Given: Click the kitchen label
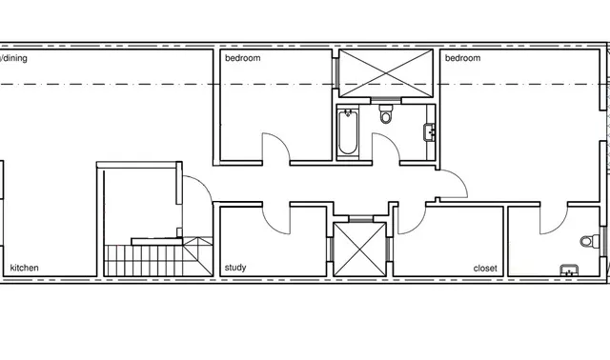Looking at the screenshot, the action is point(24,268).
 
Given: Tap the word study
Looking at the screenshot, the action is point(235,268).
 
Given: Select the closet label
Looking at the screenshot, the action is point(485,269).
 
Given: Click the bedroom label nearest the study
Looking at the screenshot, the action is point(243,58).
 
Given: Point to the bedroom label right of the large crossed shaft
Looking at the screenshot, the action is point(462,58).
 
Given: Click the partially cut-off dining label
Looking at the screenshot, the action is point(13,58).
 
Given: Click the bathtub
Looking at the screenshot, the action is point(347,131).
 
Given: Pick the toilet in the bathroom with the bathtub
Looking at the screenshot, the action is point(385,113).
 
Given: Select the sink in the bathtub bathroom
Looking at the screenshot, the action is point(429,132).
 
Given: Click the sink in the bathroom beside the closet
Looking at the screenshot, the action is point(569,270).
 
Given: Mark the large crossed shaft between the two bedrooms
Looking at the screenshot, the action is point(386,73).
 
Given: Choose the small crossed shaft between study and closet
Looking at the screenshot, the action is point(360,250).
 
